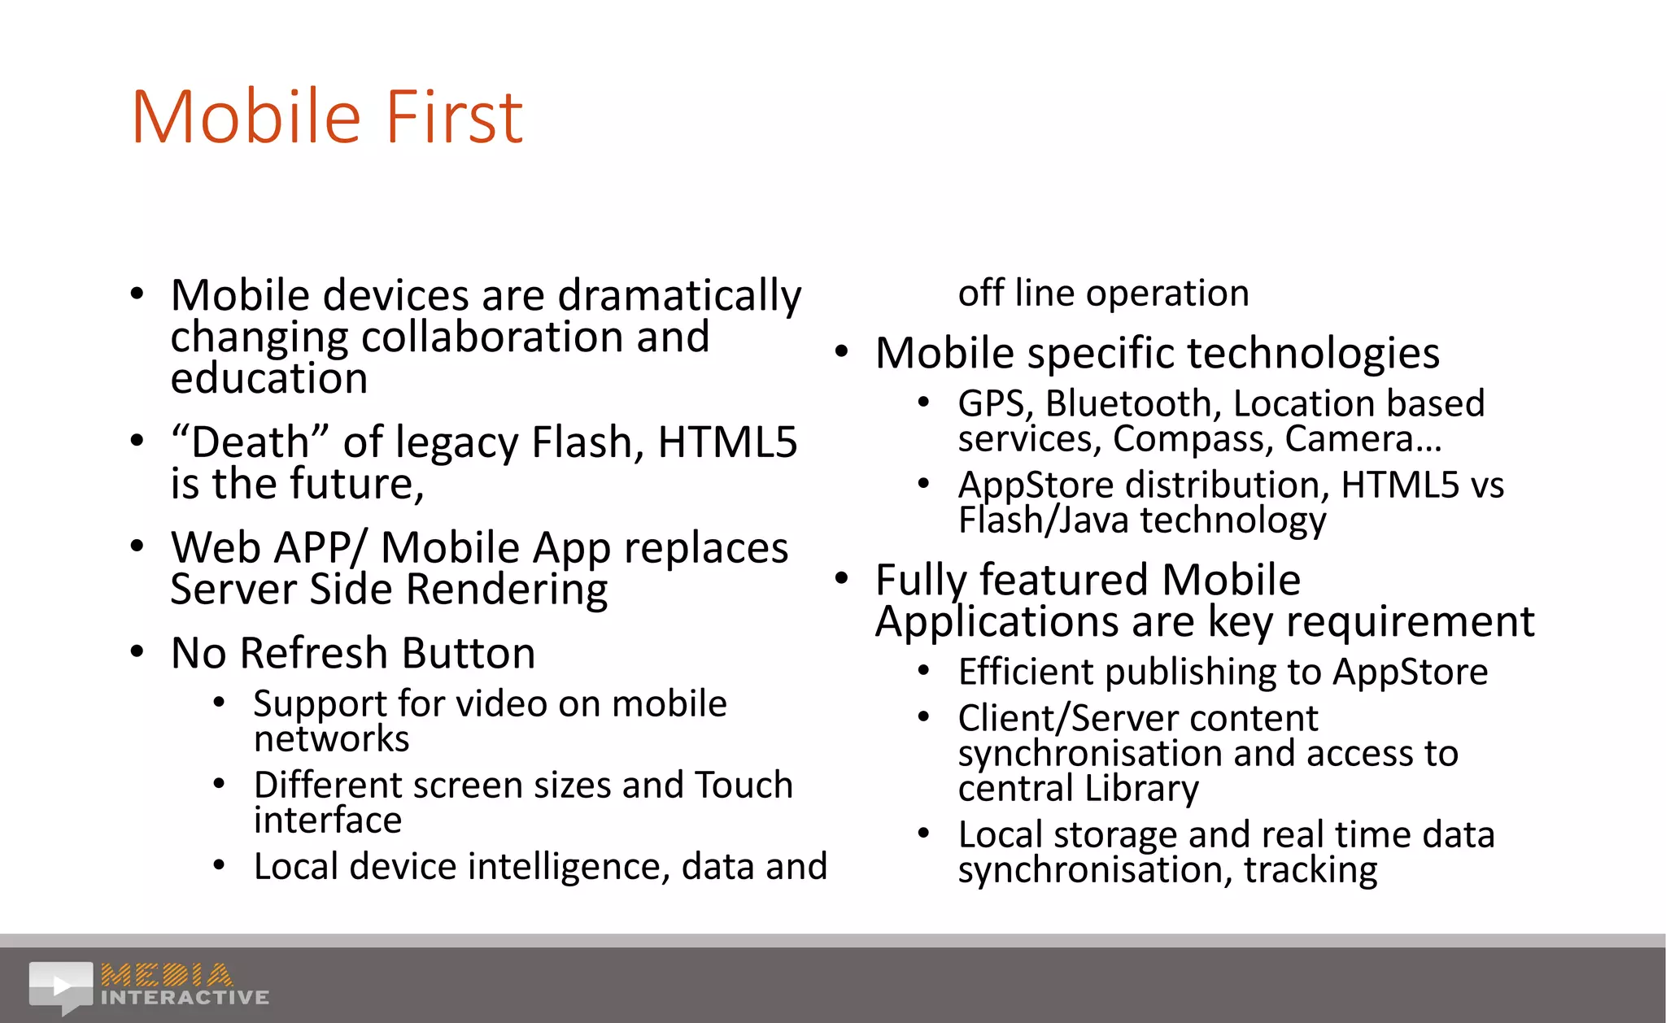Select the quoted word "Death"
(x=250, y=442)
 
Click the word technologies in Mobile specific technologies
(x=1313, y=354)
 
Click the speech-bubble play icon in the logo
(x=62, y=986)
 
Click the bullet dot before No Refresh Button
(x=137, y=652)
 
